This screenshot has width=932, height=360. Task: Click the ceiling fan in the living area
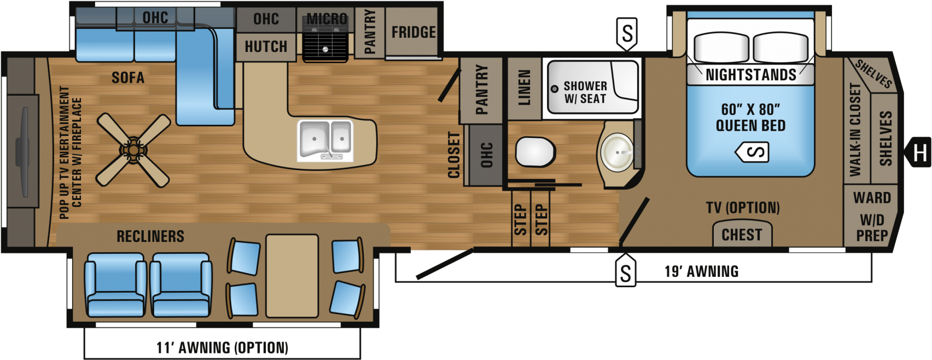click(x=133, y=150)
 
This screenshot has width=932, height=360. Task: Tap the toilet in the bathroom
click(x=535, y=152)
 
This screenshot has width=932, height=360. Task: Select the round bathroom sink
click(x=618, y=152)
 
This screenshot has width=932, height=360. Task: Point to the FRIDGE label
click(x=413, y=32)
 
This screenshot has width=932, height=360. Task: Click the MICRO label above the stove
click(x=327, y=19)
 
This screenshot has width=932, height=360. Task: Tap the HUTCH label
click(x=266, y=47)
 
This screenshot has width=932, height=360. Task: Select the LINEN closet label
click(x=524, y=88)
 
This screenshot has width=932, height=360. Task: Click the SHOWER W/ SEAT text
click(x=585, y=92)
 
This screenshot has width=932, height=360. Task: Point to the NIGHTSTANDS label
click(x=750, y=75)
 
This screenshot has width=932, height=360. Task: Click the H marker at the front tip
click(x=918, y=152)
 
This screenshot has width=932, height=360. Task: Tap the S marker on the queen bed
click(x=753, y=152)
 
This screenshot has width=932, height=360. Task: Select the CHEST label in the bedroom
click(x=742, y=235)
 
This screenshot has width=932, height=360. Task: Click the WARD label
click(x=872, y=198)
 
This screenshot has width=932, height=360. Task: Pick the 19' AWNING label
click(x=702, y=271)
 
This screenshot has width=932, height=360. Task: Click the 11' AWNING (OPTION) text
click(x=222, y=347)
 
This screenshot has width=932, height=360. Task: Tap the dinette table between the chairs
click(x=292, y=276)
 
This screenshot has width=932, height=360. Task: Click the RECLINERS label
click(x=150, y=236)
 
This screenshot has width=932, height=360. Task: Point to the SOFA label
click(x=128, y=78)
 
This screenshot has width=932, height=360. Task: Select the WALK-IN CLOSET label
click(x=855, y=130)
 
